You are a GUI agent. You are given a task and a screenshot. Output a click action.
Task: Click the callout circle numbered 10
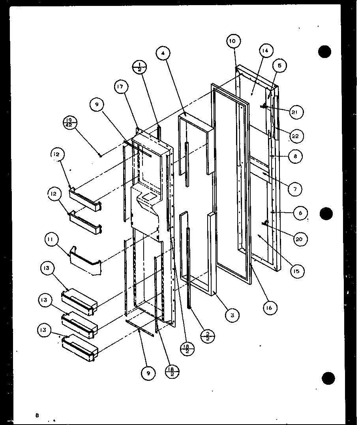[232, 41]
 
